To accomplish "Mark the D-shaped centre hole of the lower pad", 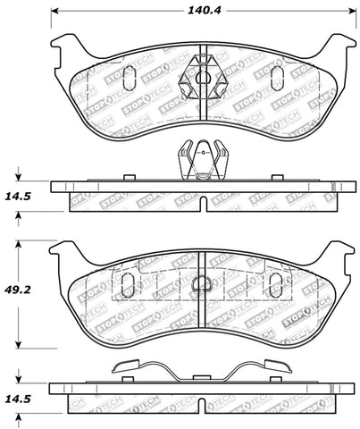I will tap(202, 286).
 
